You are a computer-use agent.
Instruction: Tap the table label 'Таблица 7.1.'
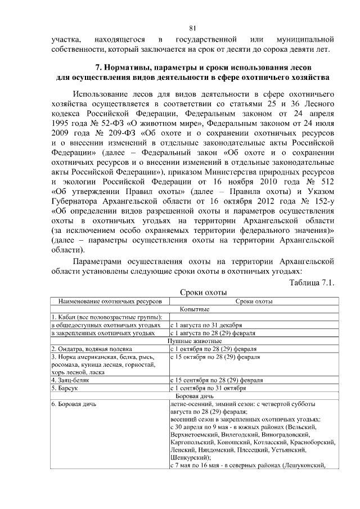[x=311, y=282]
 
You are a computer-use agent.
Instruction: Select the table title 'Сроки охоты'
[x=202, y=292]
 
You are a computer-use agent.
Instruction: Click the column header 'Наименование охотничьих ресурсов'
[x=110, y=301]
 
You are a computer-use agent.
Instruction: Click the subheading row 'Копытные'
[x=195, y=309]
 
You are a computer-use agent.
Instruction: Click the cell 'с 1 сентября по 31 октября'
[x=208, y=388]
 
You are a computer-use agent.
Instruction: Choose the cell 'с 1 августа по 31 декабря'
[x=206, y=326]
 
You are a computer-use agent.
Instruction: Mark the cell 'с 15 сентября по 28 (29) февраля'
[x=216, y=380]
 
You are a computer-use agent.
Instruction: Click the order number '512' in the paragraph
[x=327, y=183]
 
